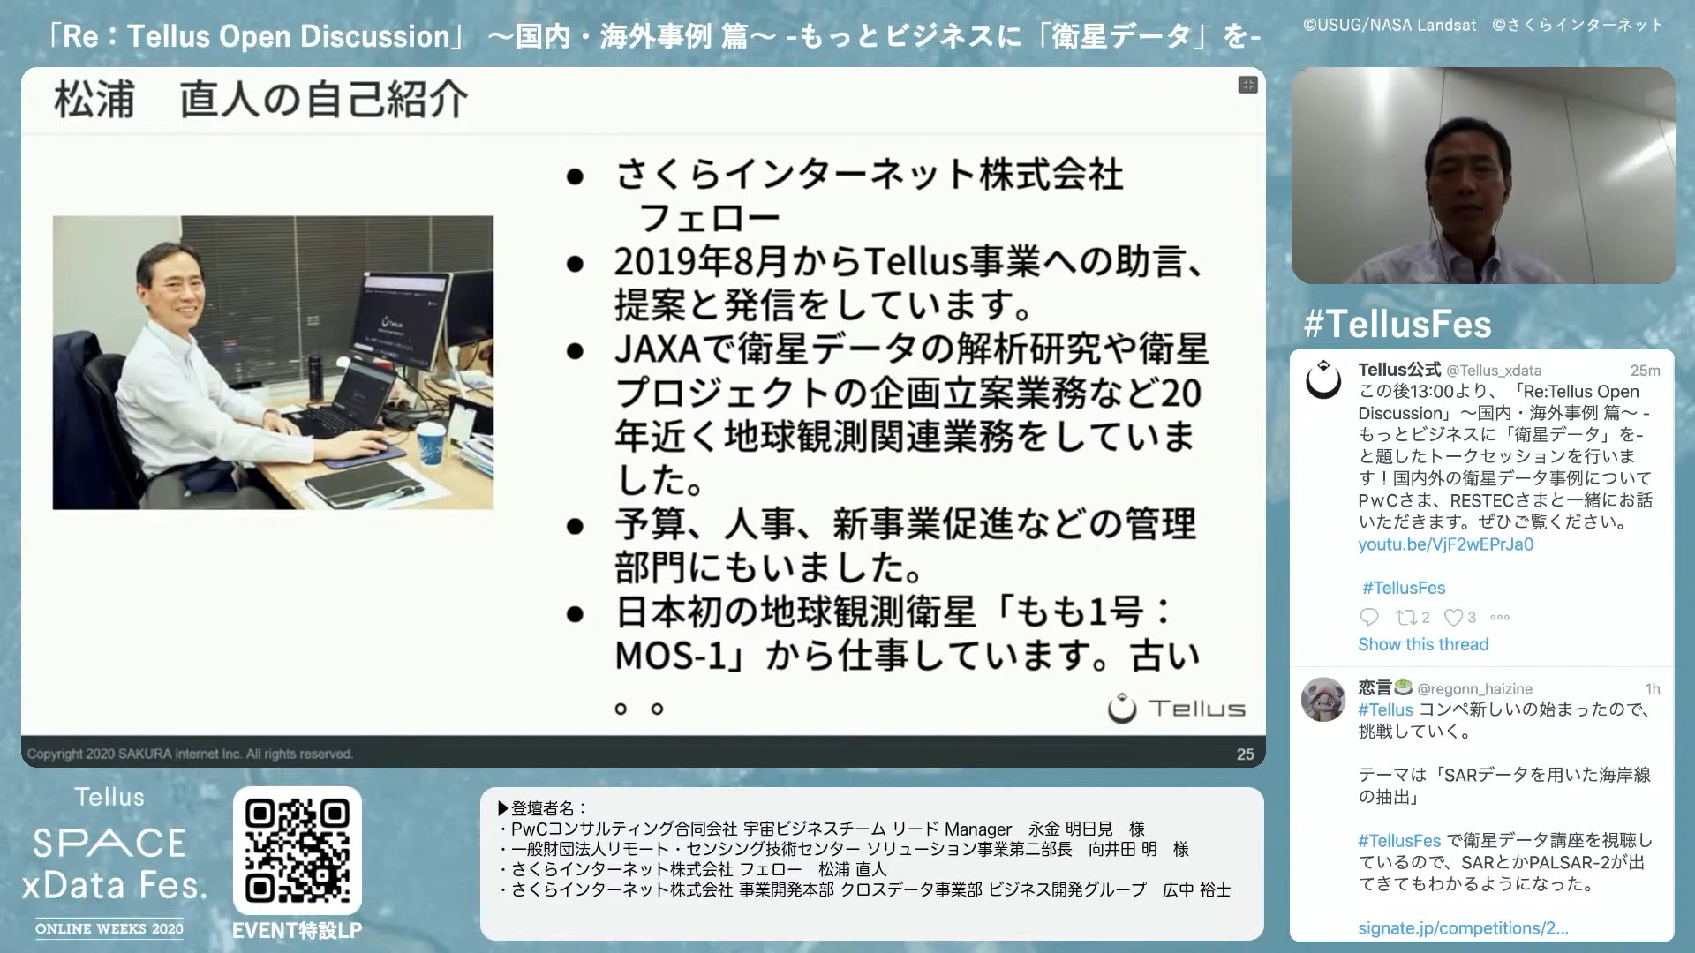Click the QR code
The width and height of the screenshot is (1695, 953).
(x=298, y=851)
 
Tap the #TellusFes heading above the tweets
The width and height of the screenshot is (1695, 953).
(x=1397, y=325)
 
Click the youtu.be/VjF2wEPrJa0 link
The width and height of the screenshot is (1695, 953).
(x=1445, y=544)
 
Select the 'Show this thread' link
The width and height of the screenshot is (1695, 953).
(x=1423, y=644)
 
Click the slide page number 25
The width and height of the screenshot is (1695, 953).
(x=1245, y=754)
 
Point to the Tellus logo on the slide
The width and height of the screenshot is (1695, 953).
(x=1177, y=708)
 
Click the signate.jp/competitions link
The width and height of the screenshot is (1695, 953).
(x=1463, y=928)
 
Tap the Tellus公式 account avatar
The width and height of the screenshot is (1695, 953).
(x=1323, y=379)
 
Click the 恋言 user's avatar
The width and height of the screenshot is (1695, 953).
(x=1322, y=699)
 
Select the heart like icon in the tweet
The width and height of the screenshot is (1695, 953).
(x=1453, y=618)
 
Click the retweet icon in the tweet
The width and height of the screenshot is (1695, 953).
(x=1405, y=618)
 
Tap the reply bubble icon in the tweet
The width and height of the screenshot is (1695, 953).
(x=1369, y=617)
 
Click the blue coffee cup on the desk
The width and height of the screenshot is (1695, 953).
(x=430, y=443)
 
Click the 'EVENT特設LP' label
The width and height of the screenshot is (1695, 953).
(x=297, y=931)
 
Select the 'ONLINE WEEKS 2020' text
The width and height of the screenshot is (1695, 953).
(x=109, y=929)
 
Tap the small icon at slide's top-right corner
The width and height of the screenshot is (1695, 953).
(x=1247, y=85)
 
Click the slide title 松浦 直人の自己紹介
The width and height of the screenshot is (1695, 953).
(x=261, y=99)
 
